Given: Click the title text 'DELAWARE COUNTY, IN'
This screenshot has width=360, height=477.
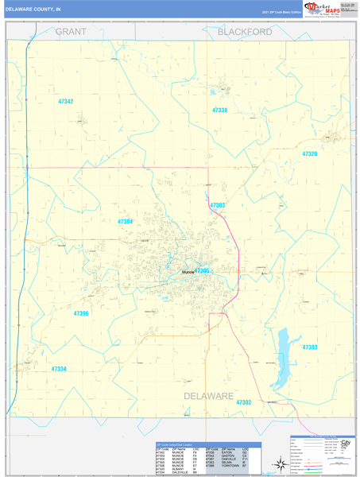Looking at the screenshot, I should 33,10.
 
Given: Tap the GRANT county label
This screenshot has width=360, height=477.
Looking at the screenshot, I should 71,32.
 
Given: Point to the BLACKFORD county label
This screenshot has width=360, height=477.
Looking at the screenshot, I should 245,32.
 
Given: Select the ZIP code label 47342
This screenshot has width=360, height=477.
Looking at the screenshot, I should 65,102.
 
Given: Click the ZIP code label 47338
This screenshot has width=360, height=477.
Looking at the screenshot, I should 219,111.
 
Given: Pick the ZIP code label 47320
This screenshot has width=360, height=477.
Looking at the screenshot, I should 309,153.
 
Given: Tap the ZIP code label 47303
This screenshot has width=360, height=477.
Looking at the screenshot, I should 217,206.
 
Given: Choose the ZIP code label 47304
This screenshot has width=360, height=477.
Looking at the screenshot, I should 125,221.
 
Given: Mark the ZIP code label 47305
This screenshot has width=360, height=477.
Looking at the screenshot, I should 202,271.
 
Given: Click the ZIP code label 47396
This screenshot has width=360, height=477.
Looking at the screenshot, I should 81,314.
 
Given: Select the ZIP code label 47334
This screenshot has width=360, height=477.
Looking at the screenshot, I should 59,369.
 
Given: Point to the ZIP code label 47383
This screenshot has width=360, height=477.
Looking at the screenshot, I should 310,347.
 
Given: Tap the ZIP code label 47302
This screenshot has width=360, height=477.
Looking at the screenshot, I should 243,403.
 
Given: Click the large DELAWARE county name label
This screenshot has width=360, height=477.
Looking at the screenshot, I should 209,395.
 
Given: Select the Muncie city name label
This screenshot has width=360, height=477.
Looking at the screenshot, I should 188,273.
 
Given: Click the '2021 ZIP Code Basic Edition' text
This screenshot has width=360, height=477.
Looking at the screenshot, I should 282,12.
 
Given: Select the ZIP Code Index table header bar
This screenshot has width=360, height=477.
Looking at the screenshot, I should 208,444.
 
